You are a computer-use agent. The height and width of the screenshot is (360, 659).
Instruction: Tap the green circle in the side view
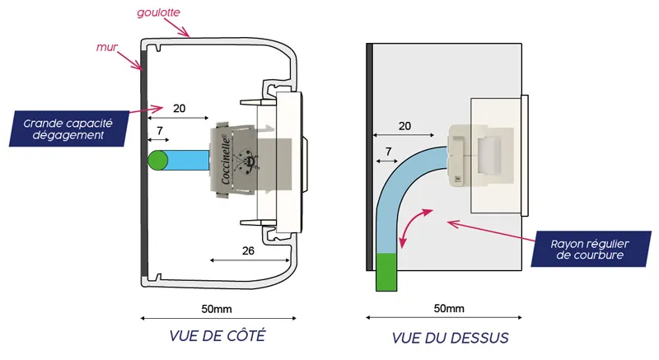click(158, 160)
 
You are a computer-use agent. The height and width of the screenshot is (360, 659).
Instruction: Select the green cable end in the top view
click(386, 273)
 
